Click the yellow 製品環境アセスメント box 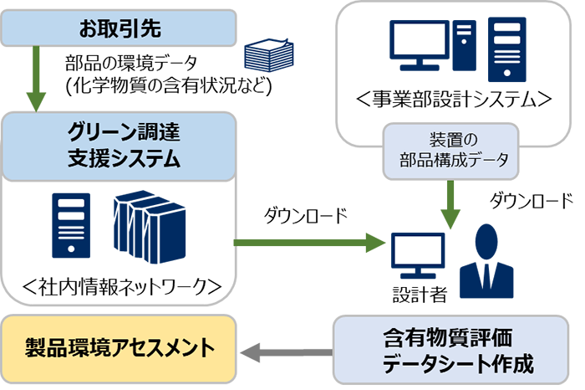pyautogui.click(x=119, y=346)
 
